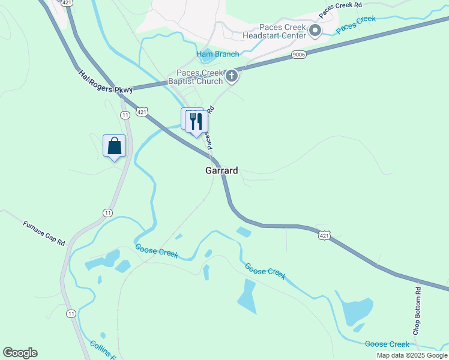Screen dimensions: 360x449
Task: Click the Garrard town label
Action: [x=221, y=170]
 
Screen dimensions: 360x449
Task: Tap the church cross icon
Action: [x=232, y=77]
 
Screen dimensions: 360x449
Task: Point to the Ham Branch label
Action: [x=218, y=54]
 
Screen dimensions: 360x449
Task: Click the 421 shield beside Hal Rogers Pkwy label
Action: [x=142, y=112]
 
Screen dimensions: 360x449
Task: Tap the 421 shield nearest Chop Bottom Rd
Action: [x=324, y=236]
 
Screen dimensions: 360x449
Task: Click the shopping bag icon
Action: [x=114, y=146]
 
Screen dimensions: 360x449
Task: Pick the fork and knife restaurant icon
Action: [x=196, y=122]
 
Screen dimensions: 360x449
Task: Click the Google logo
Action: [x=20, y=353]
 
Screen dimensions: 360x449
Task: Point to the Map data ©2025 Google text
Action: [x=412, y=355]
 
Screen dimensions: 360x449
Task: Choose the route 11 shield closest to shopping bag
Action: [x=125, y=115]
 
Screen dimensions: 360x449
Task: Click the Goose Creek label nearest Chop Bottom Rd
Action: [x=387, y=344]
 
